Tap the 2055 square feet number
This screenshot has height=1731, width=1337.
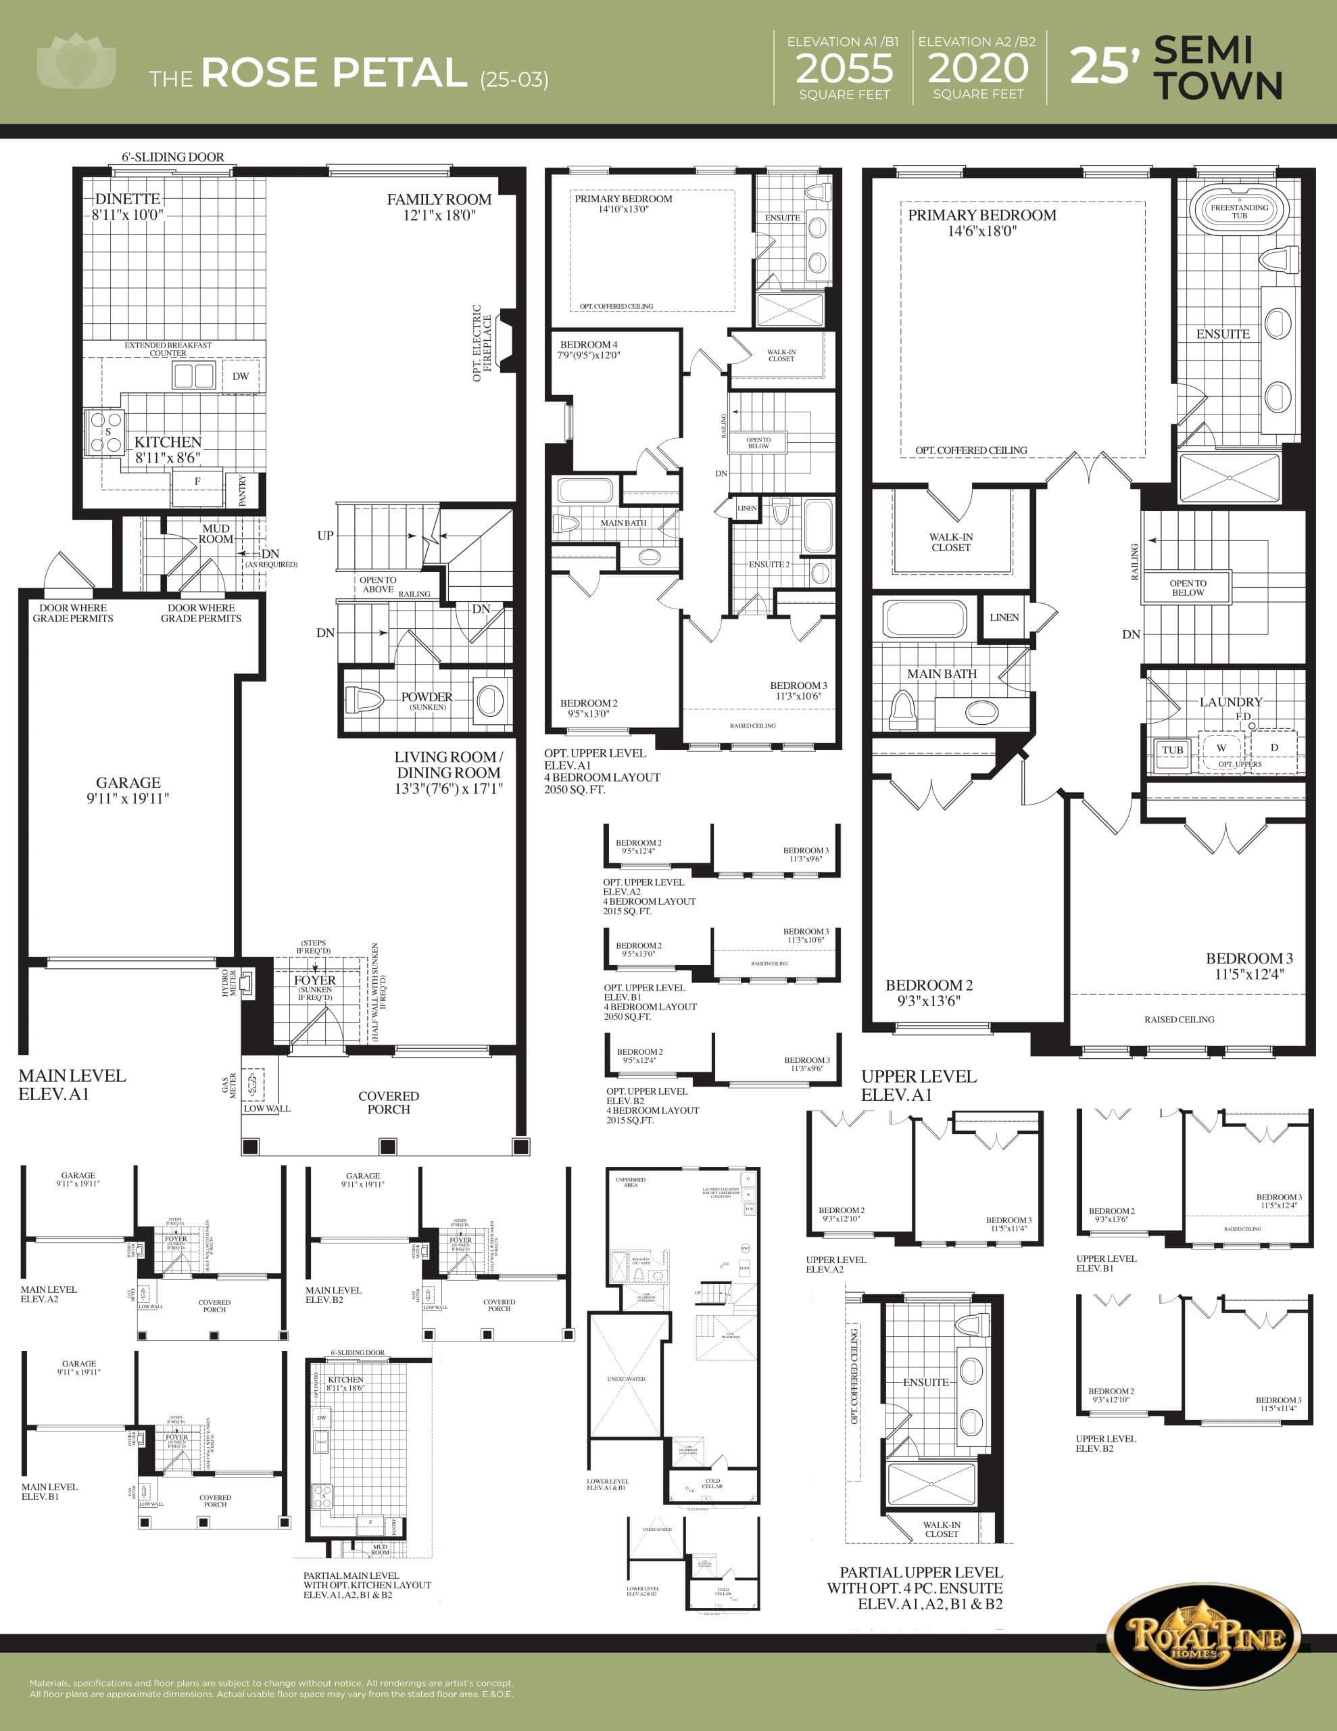(x=844, y=69)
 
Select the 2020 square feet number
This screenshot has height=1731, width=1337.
(x=978, y=69)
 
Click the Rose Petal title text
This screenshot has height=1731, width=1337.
(x=334, y=73)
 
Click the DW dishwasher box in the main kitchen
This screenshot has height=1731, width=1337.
(x=240, y=376)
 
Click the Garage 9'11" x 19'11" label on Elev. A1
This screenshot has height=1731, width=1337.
(x=128, y=790)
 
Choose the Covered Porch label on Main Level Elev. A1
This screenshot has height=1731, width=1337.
(x=389, y=1102)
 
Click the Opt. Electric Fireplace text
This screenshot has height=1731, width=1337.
(x=482, y=342)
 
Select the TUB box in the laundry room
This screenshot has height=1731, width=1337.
(x=1172, y=750)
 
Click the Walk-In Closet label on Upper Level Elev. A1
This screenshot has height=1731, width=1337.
(x=951, y=542)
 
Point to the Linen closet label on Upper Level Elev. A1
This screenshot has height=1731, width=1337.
(x=1004, y=617)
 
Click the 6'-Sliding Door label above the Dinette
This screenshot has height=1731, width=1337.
(x=173, y=157)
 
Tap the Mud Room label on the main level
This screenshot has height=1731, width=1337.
(x=216, y=533)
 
